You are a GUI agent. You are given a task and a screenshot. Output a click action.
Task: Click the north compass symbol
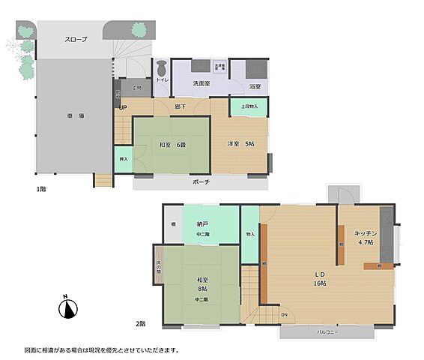(68, 308)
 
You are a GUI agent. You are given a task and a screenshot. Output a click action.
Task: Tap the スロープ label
(76, 39)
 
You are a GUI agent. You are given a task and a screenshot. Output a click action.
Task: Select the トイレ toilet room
(161, 75)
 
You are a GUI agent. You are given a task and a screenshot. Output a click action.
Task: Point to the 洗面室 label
(201, 83)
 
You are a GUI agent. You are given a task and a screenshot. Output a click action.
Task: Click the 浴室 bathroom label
(255, 86)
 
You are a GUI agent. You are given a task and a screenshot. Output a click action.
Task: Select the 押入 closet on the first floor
(123, 159)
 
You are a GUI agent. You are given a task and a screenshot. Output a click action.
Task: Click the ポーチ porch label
(201, 181)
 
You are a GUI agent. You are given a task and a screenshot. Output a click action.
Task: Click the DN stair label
(283, 313)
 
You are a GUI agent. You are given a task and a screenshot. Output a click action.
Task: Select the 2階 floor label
(141, 323)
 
